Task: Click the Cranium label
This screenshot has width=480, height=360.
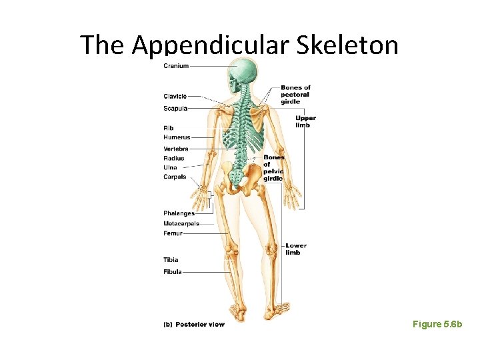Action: pos(176,66)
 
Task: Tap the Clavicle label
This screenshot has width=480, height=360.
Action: pos(175,97)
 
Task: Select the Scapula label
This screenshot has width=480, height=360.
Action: pos(175,108)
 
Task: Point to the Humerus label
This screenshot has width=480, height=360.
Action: pos(177,137)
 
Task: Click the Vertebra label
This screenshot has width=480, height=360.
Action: pos(176,148)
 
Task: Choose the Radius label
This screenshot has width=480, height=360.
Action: pos(174,158)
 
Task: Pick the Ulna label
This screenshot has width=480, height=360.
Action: pos(171,167)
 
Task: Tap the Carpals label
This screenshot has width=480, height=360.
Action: pos(175,177)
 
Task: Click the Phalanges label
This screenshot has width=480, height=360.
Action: pos(179,213)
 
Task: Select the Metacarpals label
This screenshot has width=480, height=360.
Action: pos(181,223)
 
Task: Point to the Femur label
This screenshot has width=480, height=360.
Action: pos(173,233)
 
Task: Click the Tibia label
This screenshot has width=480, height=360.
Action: pos(171,259)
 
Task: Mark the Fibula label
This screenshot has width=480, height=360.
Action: pos(172,272)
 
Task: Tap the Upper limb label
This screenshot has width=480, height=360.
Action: pos(305,121)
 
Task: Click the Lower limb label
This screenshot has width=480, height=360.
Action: pos(296,249)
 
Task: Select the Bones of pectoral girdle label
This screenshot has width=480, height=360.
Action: pos(295,95)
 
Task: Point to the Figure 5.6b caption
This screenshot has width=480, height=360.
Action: pos(437,324)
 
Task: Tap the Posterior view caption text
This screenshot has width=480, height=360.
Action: pos(200,325)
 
